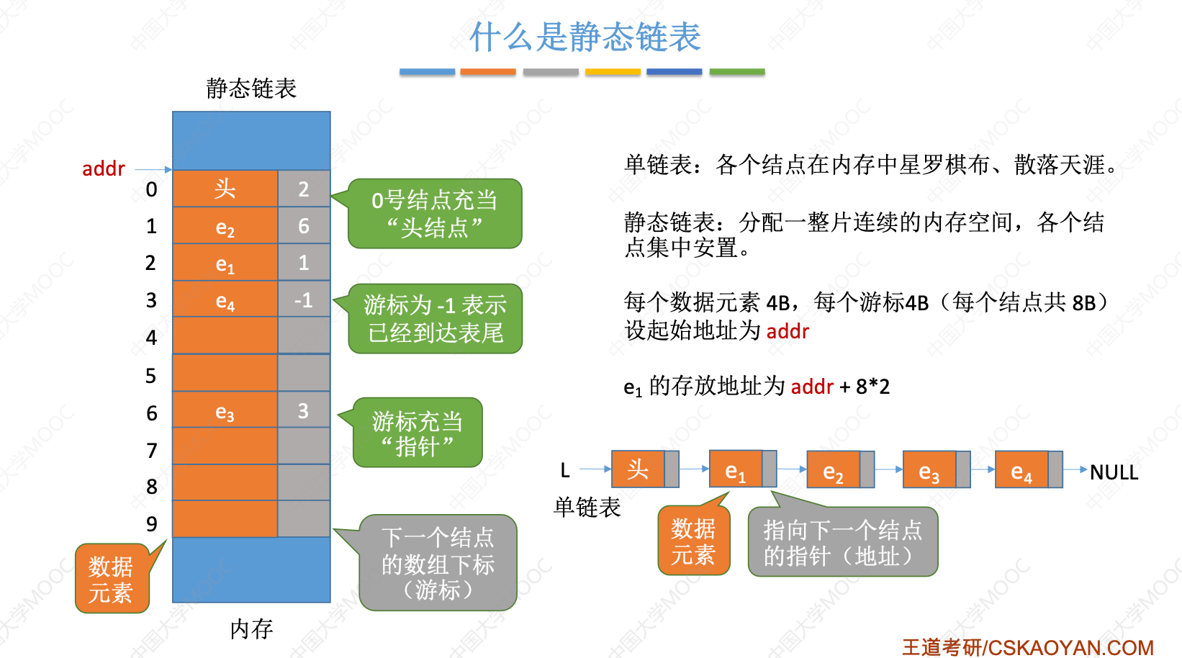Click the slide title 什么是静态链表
(585, 37)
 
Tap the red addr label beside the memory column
(103, 168)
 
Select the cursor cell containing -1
(303, 299)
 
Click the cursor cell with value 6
(303, 226)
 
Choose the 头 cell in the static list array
(225, 189)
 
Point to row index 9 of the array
(151, 523)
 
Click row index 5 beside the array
(150, 375)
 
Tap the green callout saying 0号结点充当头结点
(435, 214)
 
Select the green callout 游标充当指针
(418, 433)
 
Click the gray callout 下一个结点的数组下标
(438, 563)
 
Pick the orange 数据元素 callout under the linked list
(693, 541)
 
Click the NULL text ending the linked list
(1114, 472)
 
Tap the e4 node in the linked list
(1021, 471)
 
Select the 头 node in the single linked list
(638, 469)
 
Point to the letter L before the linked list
(565, 471)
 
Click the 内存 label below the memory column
(251, 628)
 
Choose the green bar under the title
(736, 72)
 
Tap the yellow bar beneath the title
(613, 72)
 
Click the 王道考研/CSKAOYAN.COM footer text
(1027, 647)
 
